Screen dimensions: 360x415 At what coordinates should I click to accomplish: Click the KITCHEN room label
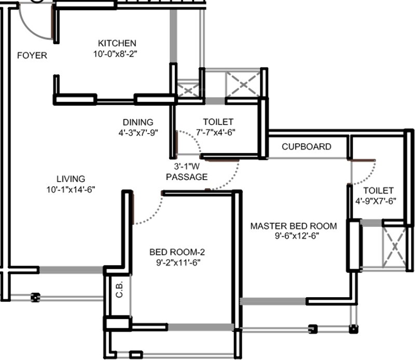click(x=117, y=43)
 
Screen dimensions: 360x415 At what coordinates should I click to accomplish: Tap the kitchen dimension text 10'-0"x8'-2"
click(x=117, y=53)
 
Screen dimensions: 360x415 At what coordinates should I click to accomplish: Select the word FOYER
click(x=32, y=56)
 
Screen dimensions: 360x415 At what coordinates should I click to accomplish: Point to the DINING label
click(x=138, y=122)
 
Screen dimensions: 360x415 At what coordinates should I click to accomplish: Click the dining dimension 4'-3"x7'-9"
click(x=138, y=132)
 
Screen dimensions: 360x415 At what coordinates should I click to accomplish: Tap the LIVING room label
click(x=71, y=179)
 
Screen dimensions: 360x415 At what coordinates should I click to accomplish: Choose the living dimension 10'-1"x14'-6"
click(x=71, y=189)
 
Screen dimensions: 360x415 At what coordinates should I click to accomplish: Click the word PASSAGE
click(x=187, y=177)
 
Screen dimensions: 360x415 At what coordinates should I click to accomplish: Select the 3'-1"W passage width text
click(x=187, y=167)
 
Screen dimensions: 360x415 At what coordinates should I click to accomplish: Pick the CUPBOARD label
click(x=306, y=147)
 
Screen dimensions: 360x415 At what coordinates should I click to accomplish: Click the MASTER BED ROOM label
click(x=294, y=226)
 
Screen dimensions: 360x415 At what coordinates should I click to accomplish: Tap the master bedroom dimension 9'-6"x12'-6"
click(x=294, y=236)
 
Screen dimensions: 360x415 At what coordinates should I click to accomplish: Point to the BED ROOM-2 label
click(x=177, y=253)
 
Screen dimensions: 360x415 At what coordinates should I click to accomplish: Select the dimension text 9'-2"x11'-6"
click(x=177, y=262)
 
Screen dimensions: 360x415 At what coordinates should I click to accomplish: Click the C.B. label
click(x=119, y=293)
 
